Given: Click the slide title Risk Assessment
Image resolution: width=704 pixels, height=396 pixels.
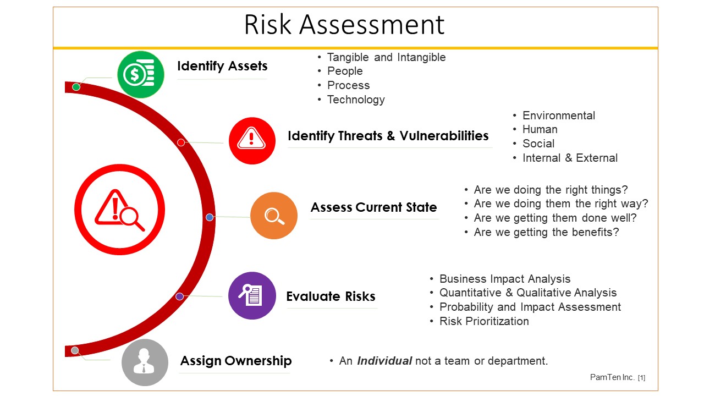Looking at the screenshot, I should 344,25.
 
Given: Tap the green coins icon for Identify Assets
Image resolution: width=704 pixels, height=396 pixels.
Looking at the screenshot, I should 141,74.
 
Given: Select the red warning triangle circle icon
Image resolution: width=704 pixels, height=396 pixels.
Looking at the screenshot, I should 252,141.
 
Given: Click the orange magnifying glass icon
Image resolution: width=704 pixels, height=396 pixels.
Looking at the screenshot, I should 274,216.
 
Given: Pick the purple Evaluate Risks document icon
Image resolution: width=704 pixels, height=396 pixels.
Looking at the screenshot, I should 252,295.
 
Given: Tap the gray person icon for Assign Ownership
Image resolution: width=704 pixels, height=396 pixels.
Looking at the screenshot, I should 145,362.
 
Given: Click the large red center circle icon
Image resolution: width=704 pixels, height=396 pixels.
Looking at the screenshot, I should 120,210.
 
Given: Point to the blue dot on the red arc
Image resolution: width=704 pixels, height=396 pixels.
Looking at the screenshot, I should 210,217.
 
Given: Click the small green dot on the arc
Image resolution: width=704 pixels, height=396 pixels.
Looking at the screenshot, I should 76,87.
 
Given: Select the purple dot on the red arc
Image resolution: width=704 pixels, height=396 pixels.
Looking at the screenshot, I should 180,296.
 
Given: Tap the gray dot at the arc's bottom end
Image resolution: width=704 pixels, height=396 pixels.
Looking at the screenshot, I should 75,350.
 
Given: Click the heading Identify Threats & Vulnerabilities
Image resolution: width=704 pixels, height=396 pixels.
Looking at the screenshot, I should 388,136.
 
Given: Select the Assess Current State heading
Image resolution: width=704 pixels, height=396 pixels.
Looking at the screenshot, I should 373,207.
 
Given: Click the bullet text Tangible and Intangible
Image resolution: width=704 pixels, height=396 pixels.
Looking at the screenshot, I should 386,57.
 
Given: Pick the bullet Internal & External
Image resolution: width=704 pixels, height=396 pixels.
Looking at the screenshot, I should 570,158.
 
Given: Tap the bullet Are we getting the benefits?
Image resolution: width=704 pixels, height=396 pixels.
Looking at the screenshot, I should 546,232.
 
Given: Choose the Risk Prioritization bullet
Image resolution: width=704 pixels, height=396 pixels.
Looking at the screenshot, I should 484,321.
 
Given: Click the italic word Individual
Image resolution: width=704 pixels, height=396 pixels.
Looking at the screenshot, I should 384,361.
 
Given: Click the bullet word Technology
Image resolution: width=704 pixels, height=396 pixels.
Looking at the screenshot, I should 356,100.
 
